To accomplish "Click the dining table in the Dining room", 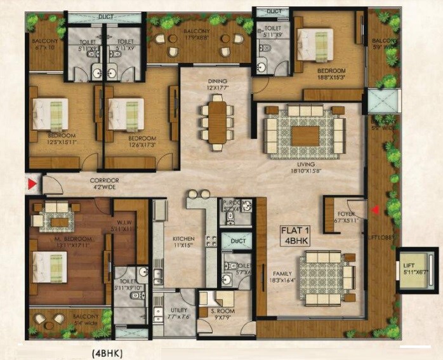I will [216, 122].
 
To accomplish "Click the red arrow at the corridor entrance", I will [31, 185].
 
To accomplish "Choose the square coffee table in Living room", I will [305, 135].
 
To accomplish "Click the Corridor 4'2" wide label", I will [103, 184].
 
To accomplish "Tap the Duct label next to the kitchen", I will [239, 241].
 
